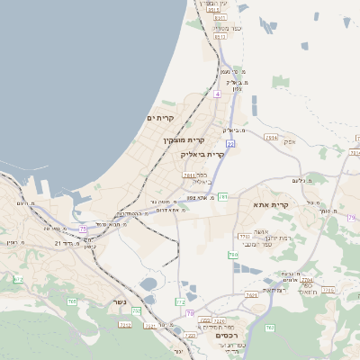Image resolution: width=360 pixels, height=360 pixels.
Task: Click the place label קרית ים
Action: click(157, 118)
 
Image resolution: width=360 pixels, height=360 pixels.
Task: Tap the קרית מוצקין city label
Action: click(184, 139)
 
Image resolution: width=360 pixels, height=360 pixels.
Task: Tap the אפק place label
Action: click(289, 141)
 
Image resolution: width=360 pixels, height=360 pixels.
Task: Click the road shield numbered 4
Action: click(217, 94)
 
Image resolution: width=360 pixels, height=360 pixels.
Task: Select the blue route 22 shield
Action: click(230, 143)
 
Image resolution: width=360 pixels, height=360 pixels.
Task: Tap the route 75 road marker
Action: click(83, 229)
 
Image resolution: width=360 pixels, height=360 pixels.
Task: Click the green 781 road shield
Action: click(222, 196)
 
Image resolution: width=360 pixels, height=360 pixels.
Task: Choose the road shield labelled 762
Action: click(269, 328)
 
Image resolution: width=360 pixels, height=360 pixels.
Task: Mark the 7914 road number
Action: click(272, 138)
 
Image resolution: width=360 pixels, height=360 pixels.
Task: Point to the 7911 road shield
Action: click(190, 175)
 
